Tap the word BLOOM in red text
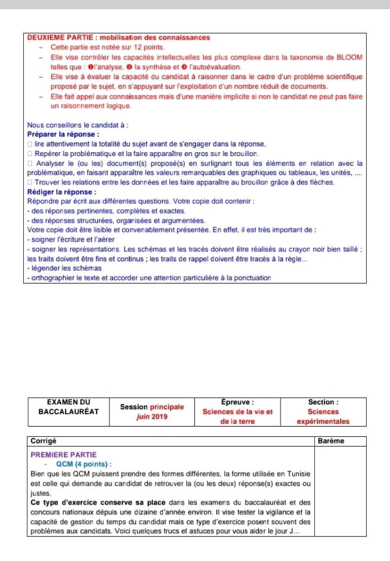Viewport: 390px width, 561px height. [x=350, y=57]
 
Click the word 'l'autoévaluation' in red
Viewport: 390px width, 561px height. [x=214, y=67]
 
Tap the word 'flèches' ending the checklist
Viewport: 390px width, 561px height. [x=322, y=182]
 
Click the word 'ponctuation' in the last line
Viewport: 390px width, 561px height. [x=251, y=278]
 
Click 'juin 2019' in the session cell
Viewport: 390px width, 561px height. [x=152, y=417]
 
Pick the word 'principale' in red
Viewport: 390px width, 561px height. [x=167, y=407]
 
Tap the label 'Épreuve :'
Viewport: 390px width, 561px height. [x=237, y=402]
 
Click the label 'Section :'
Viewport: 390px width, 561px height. [x=323, y=402]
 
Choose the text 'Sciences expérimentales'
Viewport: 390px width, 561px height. [x=323, y=417]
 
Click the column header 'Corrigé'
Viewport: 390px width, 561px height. [x=43, y=441]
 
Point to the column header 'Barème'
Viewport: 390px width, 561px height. [x=331, y=441]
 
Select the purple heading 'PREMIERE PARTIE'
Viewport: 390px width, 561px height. [x=63, y=455]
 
